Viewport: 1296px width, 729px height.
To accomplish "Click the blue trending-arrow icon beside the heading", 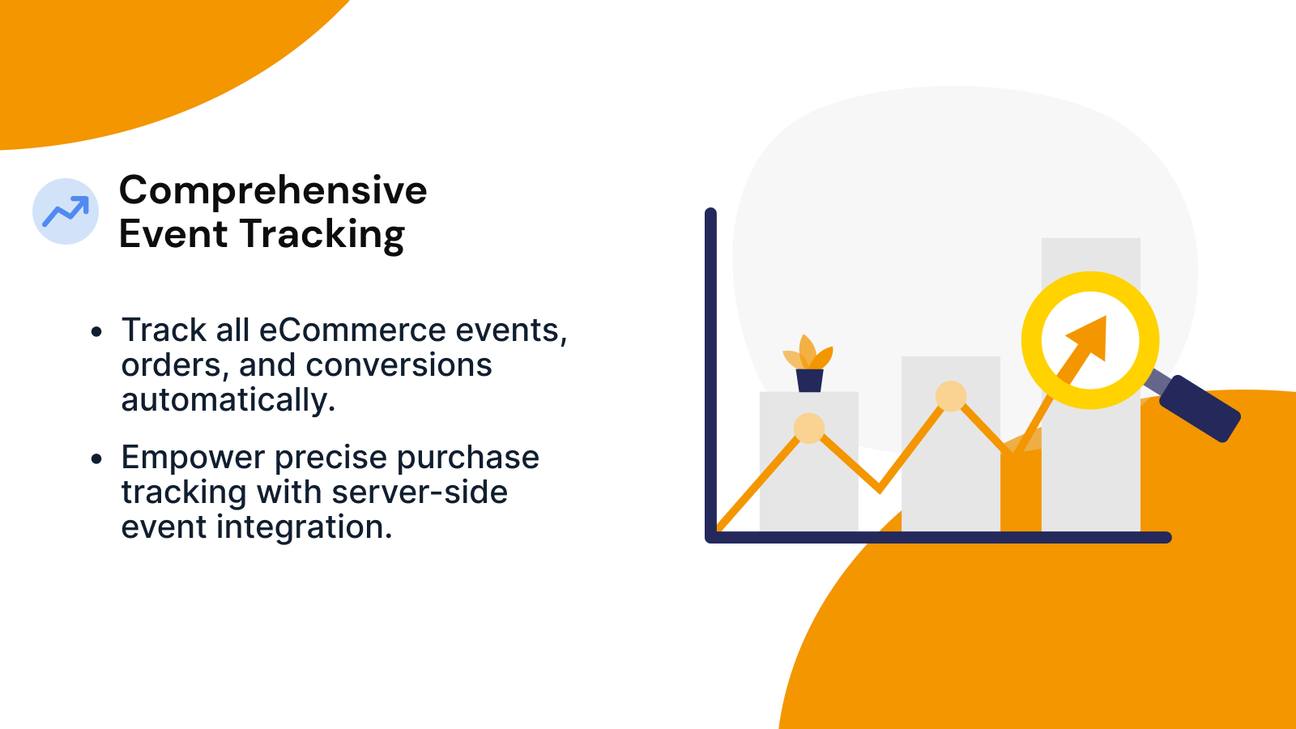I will (66, 211).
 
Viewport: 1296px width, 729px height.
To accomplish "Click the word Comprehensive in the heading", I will (273, 191).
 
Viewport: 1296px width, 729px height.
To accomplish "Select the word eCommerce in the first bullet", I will (352, 330).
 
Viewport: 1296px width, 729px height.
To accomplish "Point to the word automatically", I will (228, 400).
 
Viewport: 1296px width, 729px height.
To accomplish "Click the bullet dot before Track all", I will (97, 332).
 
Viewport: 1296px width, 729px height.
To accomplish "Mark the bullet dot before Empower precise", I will (97, 459).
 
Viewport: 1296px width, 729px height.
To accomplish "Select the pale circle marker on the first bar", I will (808, 428).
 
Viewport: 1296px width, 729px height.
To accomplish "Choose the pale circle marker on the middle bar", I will (950, 396).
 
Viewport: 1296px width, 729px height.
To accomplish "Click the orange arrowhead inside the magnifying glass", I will (1090, 335).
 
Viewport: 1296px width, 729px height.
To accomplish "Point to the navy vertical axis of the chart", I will (711, 364).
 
